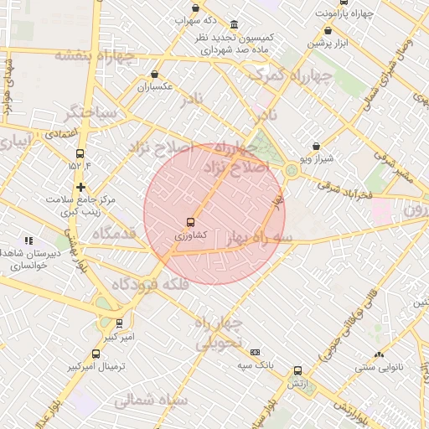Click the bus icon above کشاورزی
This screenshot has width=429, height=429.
(191, 223)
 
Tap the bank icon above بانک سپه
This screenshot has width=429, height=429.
(255, 353)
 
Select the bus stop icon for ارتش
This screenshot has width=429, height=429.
(297, 370)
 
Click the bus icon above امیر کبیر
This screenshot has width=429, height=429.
(119, 323)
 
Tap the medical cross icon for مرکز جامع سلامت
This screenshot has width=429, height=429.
(80, 187)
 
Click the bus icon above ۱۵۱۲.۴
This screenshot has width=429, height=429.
(80, 153)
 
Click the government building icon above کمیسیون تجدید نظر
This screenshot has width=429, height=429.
(233, 24)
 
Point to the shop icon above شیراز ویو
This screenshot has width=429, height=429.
(315, 146)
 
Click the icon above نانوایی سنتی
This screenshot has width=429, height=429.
(379, 354)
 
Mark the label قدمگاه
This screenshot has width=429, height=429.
(114, 234)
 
